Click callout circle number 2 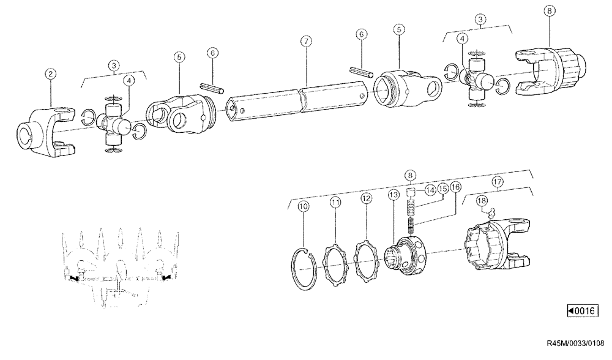pos(51,75)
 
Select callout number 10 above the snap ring pos(303,206)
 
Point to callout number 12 pos(366,198)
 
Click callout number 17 pos(498,182)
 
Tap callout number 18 pos(482,201)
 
